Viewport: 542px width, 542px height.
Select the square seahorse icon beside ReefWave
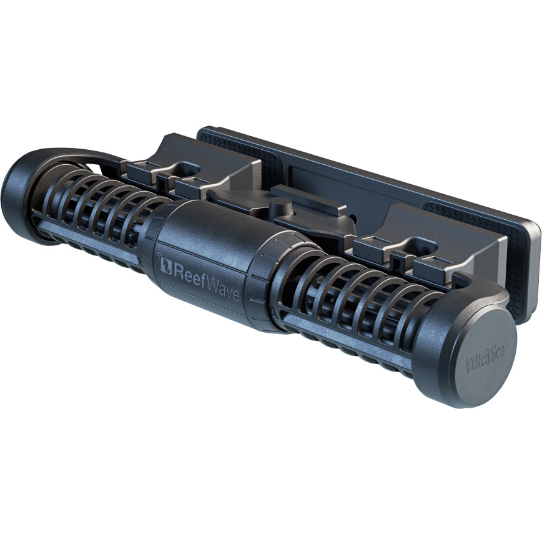166,266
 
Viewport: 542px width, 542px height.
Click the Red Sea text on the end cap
485,360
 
